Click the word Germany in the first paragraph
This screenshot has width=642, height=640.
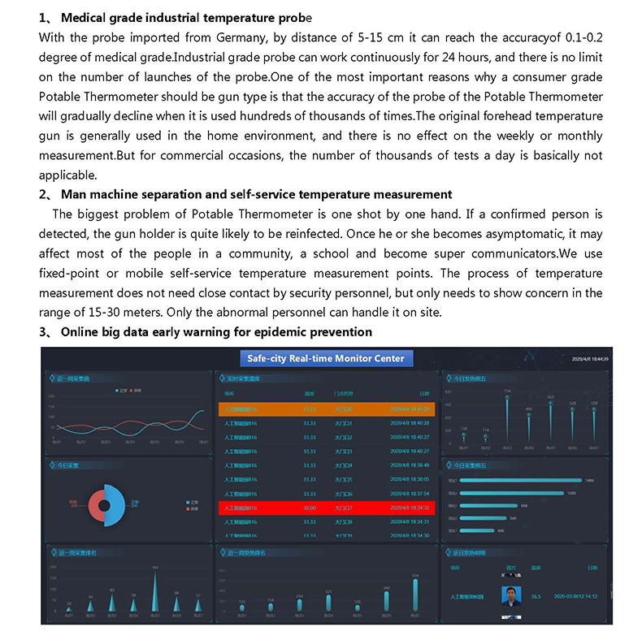click(x=206, y=37)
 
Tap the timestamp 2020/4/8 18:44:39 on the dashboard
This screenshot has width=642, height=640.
click(x=591, y=358)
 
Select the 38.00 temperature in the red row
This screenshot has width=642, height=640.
click(x=310, y=508)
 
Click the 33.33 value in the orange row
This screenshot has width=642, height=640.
click(x=310, y=409)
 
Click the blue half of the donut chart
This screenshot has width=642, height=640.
click(x=113, y=504)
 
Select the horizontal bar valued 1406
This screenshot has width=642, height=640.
click(x=521, y=480)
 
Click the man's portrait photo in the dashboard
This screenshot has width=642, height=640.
click(x=512, y=597)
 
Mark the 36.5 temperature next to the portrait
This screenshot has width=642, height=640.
click(x=536, y=597)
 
